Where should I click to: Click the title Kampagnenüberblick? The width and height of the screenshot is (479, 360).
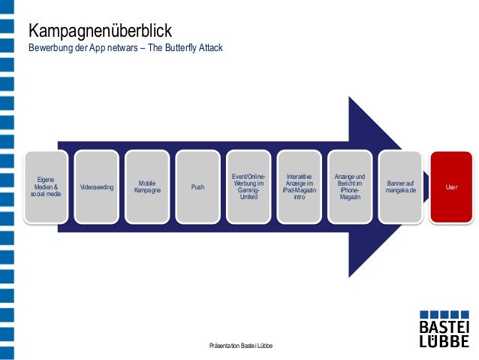coord(100,32)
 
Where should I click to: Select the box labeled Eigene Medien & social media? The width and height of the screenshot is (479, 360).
coord(45,186)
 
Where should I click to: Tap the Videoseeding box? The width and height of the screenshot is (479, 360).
coord(96,186)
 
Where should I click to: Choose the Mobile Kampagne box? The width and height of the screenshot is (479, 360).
coord(146,186)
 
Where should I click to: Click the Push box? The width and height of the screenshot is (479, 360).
coord(197,186)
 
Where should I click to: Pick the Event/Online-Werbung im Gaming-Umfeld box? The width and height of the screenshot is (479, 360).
coord(248,186)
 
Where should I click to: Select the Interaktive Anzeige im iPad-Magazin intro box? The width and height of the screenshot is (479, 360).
coord(299,186)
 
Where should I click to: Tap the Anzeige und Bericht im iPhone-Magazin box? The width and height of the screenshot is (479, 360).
coord(349,186)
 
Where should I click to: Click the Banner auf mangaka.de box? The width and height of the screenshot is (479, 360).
coord(400,186)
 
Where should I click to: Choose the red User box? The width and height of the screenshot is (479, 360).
coord(450,186)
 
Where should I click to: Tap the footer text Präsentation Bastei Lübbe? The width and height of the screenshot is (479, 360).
coord(240,345)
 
